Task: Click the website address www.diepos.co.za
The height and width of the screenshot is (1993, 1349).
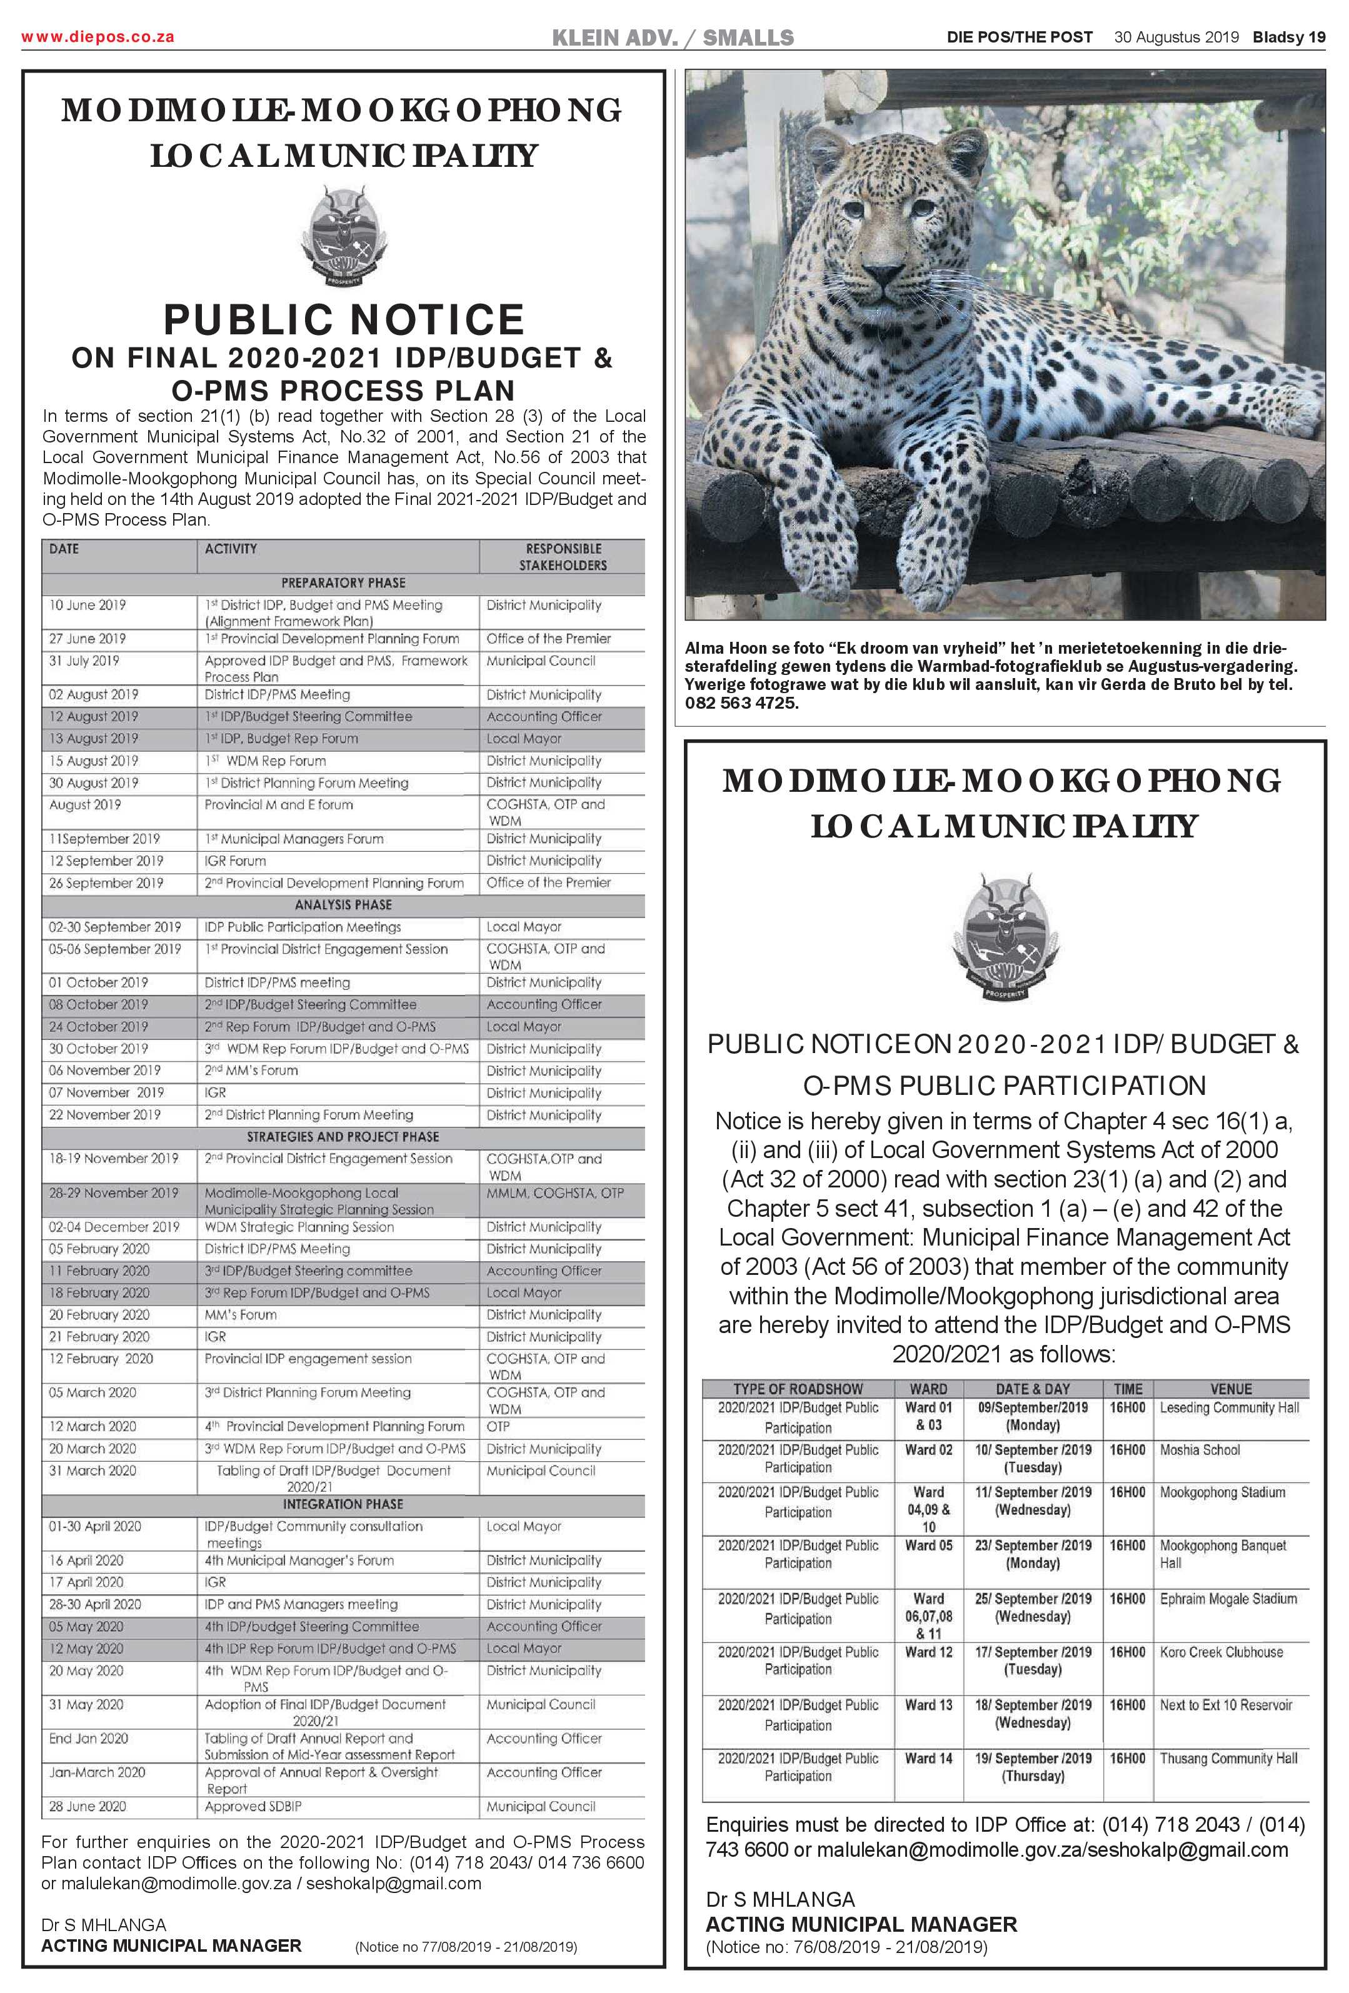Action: [98, 37]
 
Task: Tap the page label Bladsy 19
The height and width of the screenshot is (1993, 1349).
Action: [1288, 37]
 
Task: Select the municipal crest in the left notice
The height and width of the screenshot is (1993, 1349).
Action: [343, 237]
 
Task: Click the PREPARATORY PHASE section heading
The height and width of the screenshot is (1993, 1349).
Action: [343, 583]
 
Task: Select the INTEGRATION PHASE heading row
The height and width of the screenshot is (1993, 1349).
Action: [343, 1504]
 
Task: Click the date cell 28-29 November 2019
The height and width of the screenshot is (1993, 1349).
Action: [114, 1193]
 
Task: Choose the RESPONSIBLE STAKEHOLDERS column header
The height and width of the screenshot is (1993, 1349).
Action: [563, 557]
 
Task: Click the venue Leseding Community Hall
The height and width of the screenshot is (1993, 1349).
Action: [1229, 1408]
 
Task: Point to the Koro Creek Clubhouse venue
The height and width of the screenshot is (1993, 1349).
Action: [1221, 1652]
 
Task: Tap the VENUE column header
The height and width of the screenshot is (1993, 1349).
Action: [1231, 1389]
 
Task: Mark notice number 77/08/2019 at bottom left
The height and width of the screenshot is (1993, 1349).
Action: [465, 1947]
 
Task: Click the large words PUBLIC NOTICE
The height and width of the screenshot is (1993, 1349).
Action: [344, 320]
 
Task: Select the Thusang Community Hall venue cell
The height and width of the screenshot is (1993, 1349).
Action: [1228, 1758]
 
